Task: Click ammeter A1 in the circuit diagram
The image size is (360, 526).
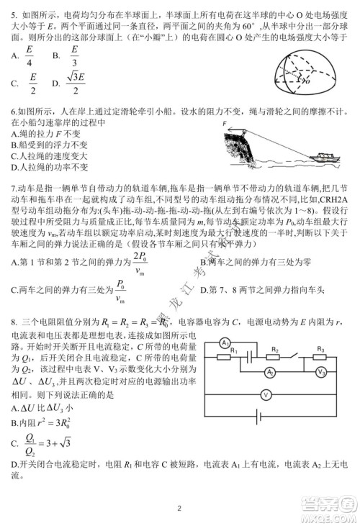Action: pos(224,340)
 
